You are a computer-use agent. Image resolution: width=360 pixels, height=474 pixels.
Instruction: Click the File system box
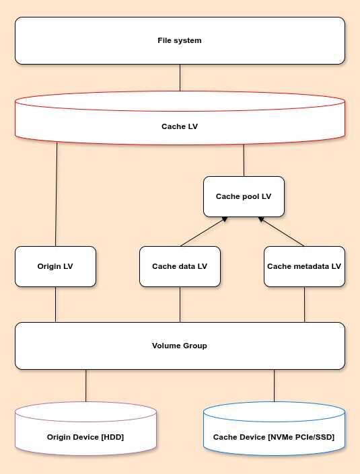[x=180, y=40]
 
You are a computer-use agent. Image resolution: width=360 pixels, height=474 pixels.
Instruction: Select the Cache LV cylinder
[x=180, y=118]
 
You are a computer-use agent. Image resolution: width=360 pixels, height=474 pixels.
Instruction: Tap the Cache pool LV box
[x=244, y=196]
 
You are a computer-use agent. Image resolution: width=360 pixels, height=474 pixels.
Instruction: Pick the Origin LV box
[x=55, y=266]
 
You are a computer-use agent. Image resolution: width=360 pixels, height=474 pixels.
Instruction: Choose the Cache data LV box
[x=180, y=266]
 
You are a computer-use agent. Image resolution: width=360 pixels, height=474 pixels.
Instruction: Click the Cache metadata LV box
[x=304, y=266]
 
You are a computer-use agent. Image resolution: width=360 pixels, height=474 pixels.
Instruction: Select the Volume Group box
[x=180, y=346]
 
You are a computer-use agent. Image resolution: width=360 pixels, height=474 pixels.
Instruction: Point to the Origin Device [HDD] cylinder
[x=86, y=429]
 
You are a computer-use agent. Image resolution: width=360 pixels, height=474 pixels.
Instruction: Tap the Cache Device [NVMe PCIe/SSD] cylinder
[x=274, y=429]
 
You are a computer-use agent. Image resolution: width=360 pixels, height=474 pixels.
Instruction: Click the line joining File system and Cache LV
[x=180, y=78]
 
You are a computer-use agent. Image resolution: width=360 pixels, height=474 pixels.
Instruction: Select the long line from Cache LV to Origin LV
[x=57, y=194]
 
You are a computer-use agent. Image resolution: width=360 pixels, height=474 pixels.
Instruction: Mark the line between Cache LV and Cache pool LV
[x=244, y=161]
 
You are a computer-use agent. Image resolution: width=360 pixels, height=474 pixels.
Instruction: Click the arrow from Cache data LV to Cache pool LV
[x=204, y=231]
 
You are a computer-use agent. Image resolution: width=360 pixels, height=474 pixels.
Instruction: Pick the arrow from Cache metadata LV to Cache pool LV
[x=281, y=231]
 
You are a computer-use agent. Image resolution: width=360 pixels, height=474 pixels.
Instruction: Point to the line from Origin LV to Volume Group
[x=55, y=305]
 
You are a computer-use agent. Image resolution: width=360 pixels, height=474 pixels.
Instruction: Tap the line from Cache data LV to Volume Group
[x=180, y=305]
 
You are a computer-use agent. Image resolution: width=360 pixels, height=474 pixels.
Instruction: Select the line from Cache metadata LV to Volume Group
[x=304, y=305]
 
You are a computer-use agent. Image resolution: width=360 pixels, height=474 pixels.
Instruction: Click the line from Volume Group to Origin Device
[x=86, y=386]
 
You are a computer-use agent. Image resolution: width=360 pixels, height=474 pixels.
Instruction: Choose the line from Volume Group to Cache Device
[x=274, y=386]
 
